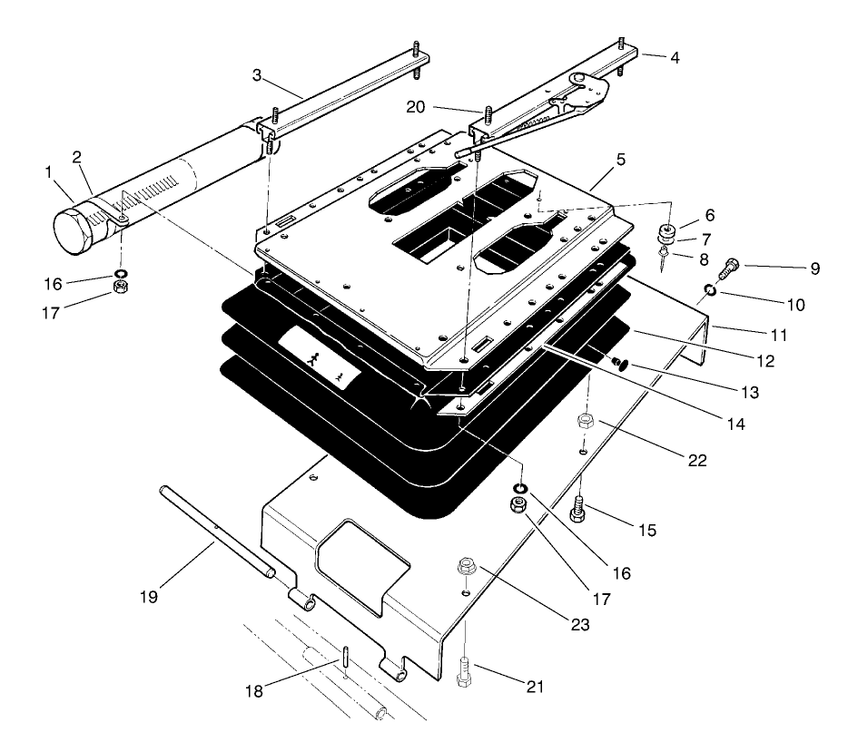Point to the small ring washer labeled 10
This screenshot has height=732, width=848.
(x=709, y=290)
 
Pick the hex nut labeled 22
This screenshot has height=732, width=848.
(x=586, y=421)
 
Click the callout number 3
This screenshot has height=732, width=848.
(x=258, y=76)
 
